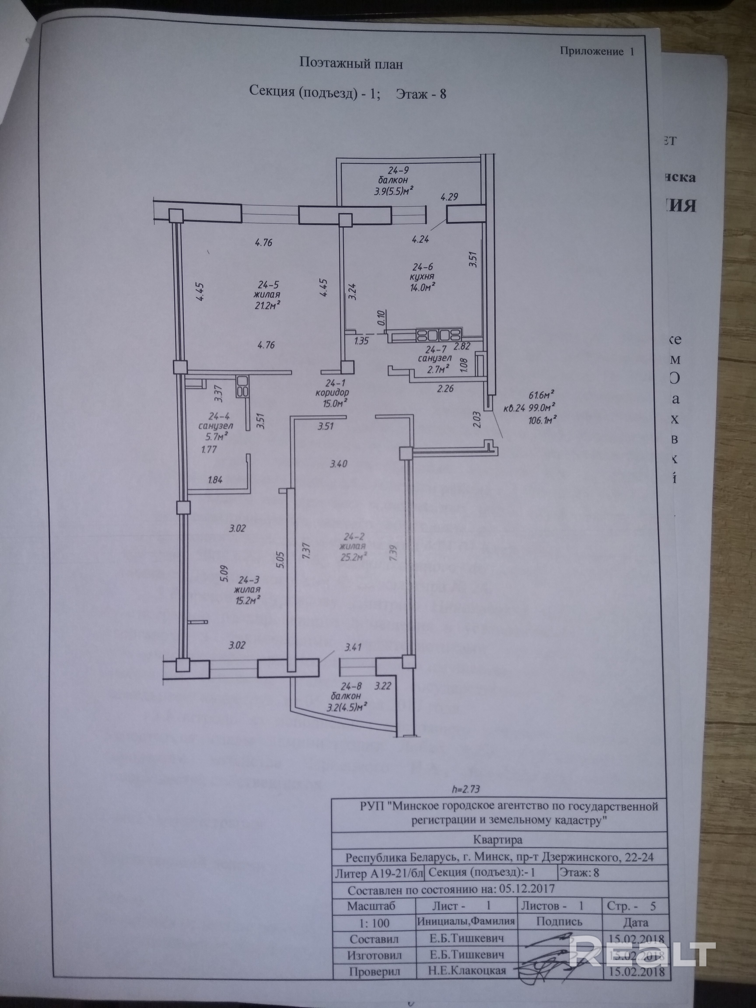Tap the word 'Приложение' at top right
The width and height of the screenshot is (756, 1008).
click(591, 51)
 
